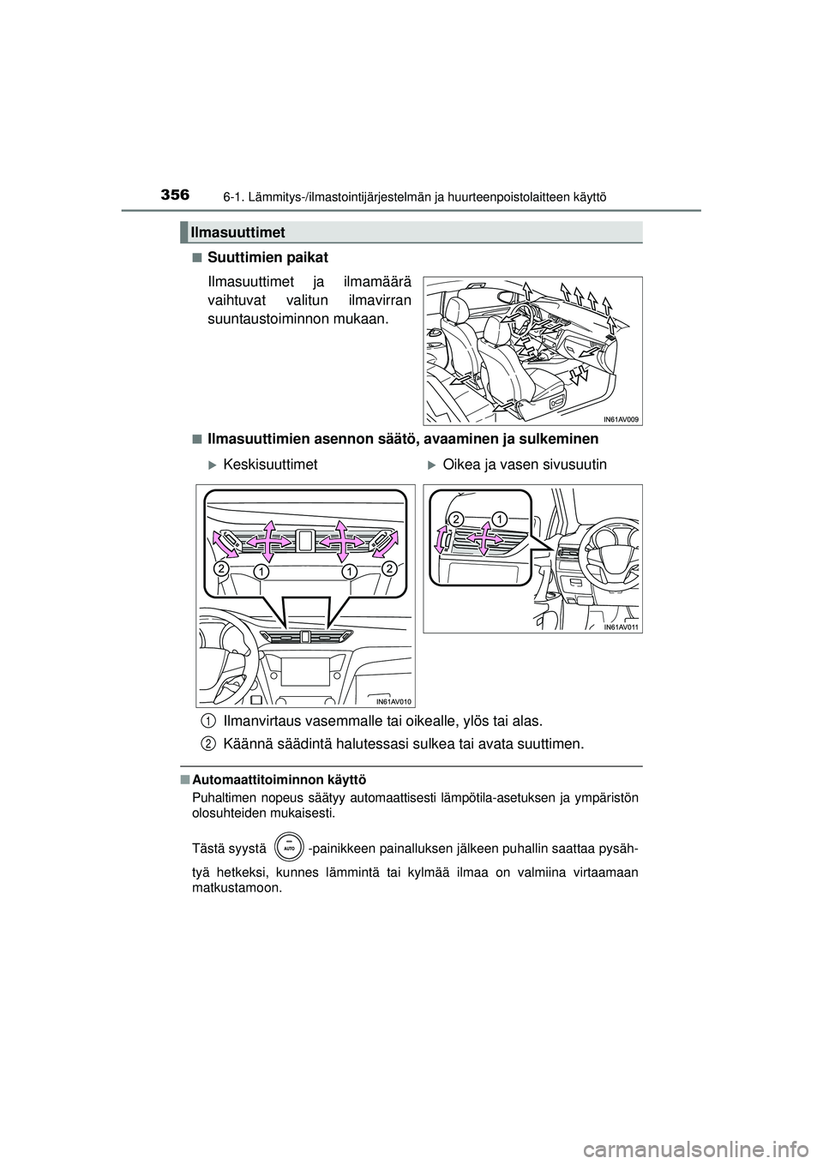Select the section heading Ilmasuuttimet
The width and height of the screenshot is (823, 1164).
tap(237, 232)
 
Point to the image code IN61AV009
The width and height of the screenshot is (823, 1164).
tap(622, 419)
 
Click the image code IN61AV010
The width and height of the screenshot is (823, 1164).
tap(393, 701)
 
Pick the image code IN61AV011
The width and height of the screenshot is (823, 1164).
tap(622, 627)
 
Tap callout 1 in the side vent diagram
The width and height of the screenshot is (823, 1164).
tap(500, 517)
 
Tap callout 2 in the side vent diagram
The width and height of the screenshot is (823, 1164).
tap(455, 519)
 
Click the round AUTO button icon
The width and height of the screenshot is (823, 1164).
tap(290, 847)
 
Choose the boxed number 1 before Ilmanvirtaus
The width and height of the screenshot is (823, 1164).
tap(208, 721)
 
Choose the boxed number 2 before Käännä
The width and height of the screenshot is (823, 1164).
tap(208, 744)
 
